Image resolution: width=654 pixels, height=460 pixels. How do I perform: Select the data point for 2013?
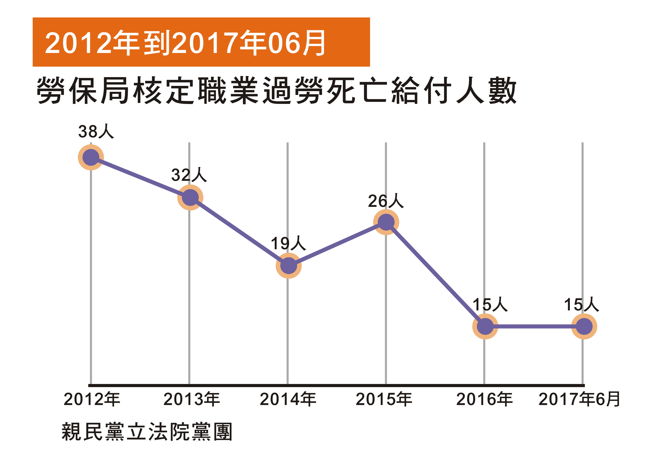190,197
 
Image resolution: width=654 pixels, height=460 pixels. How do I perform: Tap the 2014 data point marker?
289,266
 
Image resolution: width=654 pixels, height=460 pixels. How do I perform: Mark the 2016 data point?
485,326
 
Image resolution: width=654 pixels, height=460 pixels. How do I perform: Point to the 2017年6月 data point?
584,326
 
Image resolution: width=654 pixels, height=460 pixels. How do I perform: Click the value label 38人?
96,131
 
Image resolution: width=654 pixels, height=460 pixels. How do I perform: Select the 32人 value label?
189,175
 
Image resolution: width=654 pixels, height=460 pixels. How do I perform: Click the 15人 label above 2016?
490,305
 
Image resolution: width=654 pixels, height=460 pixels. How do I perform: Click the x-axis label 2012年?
92,399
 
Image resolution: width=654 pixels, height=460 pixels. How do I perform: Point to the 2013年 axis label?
191,399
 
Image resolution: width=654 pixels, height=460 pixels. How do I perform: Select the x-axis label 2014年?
288,399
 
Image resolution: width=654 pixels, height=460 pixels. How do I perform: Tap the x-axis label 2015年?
384,399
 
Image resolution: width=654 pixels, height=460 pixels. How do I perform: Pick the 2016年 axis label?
484,399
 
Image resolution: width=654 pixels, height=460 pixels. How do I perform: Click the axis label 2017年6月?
579,399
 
